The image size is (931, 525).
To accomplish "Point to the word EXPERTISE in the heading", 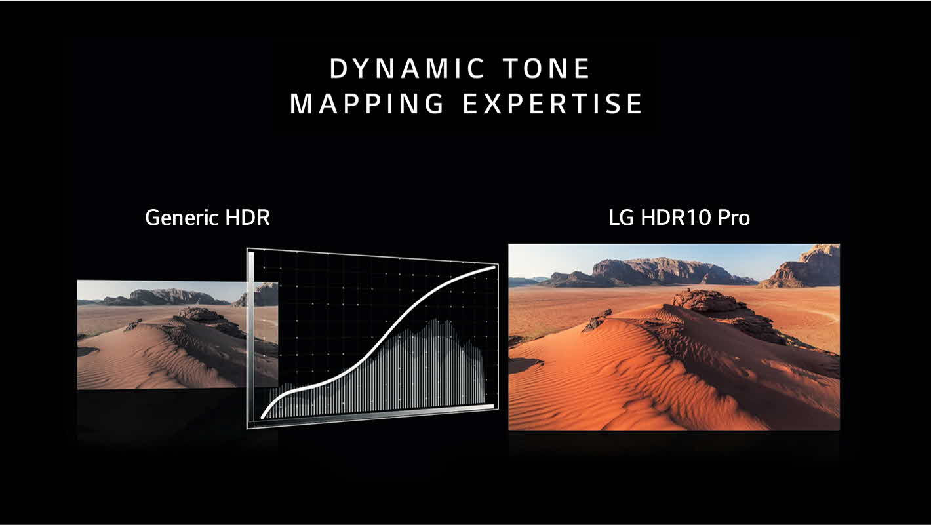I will (x=553, y=104).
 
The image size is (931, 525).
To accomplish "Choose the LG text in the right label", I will (x=621, y=218).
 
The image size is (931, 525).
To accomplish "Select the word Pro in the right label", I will (x=733, y=218).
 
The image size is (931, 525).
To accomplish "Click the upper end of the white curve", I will (x=494, y=267).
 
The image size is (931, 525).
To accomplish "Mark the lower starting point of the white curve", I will (x=264, y=416).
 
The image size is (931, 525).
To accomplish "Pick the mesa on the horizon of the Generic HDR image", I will (x=167, y=297).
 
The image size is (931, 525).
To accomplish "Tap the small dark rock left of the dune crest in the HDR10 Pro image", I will (x=598, y=320).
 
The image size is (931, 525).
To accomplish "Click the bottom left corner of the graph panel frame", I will (x=248, y=427).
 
